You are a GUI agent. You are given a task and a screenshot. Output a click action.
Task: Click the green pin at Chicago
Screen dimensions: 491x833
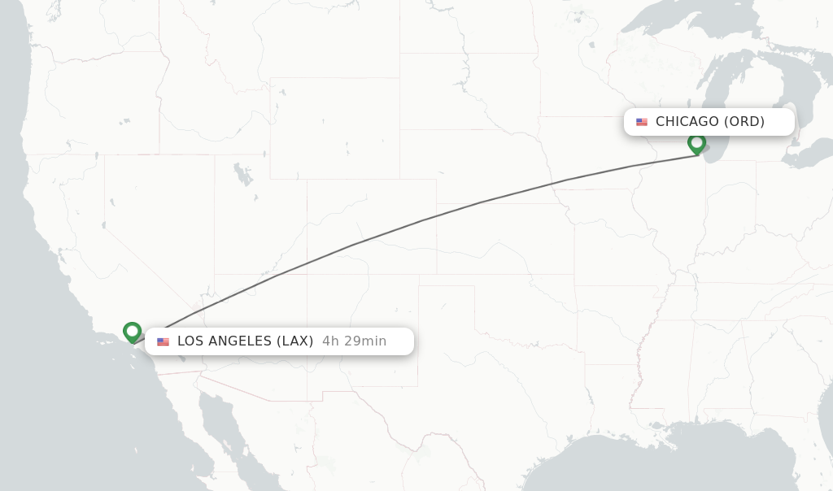696,143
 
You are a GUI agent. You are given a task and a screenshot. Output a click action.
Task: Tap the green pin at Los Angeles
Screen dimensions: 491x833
132,332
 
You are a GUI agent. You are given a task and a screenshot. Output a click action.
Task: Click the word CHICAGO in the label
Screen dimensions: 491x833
687,122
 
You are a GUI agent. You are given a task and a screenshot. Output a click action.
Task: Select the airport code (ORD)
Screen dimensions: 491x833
744,122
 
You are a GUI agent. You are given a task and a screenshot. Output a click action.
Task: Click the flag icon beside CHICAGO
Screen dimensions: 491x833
642,122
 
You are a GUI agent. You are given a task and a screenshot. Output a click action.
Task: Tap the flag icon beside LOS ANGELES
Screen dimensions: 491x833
163,341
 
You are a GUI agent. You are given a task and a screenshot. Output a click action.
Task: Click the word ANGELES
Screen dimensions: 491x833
240,341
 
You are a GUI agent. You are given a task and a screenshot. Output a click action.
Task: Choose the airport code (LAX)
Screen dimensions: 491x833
294,341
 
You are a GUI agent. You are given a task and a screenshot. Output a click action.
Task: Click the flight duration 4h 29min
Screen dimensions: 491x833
354,341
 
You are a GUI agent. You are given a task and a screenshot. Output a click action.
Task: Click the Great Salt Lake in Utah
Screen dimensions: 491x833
242,173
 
